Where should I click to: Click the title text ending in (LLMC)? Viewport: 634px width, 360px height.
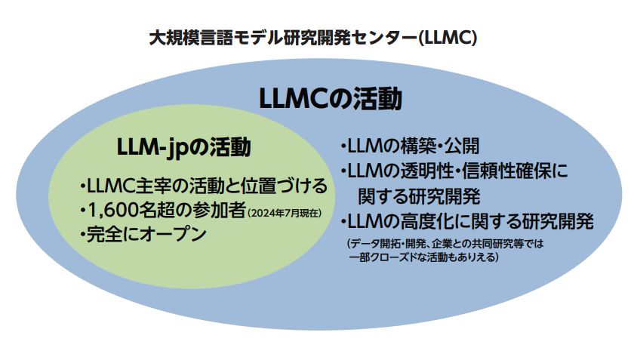point(313,38)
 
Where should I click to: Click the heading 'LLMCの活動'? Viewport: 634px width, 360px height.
point(331,99)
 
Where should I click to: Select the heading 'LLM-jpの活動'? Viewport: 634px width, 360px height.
point(184,147)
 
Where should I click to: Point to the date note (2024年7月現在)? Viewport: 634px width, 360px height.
point(285,213)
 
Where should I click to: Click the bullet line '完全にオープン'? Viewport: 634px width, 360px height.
point(143,235)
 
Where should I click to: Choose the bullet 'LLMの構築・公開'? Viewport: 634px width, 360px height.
point(410,146)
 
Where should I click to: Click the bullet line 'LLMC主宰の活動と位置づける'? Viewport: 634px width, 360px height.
point(204,186)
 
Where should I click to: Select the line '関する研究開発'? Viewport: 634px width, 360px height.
point(420,196)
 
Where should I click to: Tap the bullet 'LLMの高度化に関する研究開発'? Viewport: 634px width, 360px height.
point(467,222)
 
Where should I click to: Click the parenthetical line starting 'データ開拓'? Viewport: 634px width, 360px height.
point(445,244)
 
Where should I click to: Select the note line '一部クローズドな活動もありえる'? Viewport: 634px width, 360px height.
point(423,257)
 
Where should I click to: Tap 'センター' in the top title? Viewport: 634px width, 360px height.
point(383,38)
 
